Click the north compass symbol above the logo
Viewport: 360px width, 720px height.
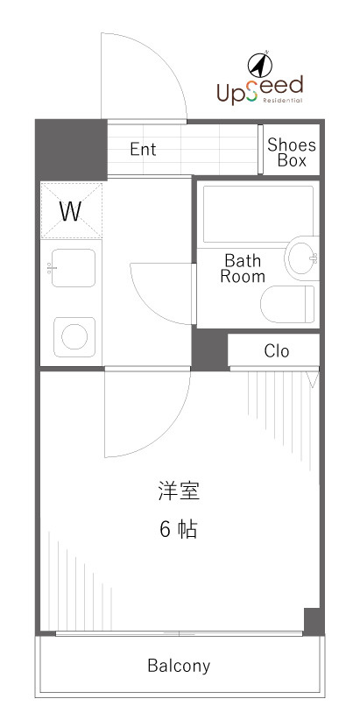point(259,64)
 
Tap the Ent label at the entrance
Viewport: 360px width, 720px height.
point(143,150)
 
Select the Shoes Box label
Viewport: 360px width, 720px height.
point(292,152)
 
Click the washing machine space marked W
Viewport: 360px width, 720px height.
point(70,211)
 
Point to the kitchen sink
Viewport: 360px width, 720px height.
point(73,268)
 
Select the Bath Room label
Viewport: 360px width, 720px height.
point(242,268)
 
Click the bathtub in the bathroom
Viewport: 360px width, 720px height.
point(258,214)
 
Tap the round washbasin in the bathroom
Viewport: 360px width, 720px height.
point(302,258)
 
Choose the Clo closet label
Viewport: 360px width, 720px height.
point(277,351)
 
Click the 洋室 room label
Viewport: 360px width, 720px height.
point(179,491)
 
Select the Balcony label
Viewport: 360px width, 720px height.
point(179,666)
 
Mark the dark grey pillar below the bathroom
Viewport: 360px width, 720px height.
point(209,349)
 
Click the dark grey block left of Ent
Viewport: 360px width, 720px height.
point(71,150)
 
